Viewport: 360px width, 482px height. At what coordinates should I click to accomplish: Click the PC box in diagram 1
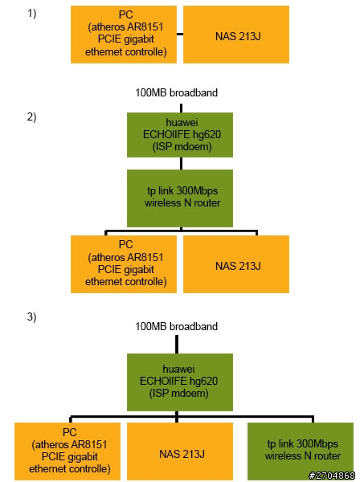point(124,35)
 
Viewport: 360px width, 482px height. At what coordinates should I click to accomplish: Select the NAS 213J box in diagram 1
point(236,35)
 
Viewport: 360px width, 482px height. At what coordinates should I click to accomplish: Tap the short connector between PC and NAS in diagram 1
point(180,34)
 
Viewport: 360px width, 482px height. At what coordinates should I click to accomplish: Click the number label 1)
point(31,14)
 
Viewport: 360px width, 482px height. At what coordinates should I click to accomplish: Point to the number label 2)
point(31,116)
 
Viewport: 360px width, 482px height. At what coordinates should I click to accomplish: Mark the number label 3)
point(31,317)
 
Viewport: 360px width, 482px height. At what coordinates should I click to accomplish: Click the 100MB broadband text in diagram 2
point(177,92)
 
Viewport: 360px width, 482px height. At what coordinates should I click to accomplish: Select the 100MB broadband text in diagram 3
point(177,326)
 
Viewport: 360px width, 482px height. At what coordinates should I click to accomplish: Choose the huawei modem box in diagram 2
point(180,135)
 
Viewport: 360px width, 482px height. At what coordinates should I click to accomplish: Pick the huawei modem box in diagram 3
point(180,382)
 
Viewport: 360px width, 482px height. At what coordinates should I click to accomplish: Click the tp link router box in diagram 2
point(180,198)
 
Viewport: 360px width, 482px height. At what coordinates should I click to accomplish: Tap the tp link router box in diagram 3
point(301,451)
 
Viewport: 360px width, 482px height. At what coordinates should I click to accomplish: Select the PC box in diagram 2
point(124,264)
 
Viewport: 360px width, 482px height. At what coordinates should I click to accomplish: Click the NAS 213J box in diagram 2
point(236,264)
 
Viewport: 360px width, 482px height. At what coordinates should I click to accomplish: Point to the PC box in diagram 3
point(67,451)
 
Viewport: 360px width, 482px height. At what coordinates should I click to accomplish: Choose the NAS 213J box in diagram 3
point(180,451)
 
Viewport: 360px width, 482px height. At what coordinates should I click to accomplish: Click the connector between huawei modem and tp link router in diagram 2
point(181,163)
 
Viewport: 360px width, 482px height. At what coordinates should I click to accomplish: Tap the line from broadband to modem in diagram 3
point(177,345)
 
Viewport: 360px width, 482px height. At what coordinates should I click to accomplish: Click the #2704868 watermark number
point(332,476)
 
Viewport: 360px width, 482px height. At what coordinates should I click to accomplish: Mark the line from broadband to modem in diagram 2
point(181,108)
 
